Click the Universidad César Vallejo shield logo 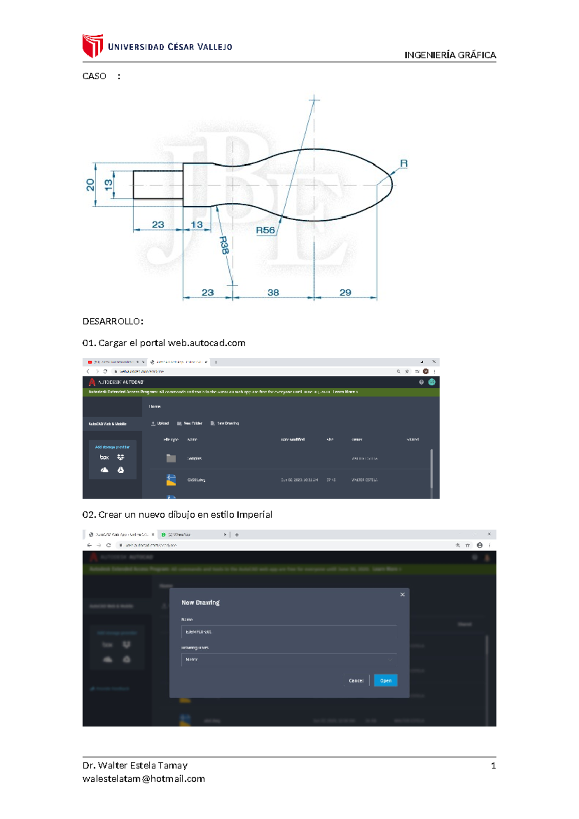(x=93, y=46)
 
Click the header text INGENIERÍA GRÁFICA (x=450, y=55)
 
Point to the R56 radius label (x=265, y=230)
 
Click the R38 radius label (x=224, y=245)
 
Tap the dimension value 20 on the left (x=90, y=185)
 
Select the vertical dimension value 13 (x=109, y=184)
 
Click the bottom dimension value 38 (x=273, y=293)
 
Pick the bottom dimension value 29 (x=345, y=293)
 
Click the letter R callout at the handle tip (x=404, y=164)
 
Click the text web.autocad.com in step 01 (x=207, y=343)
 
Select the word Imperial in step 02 (x=254, y=515)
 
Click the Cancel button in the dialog (x=356, y=680)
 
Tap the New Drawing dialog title (x=200, y=603)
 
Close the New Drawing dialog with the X (x=402, y=594)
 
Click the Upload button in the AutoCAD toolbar (x=160, y=424)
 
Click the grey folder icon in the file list (x=171, y=458)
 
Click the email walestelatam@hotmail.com (x=144, y=779)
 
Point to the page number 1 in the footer (x=493, y=765)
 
